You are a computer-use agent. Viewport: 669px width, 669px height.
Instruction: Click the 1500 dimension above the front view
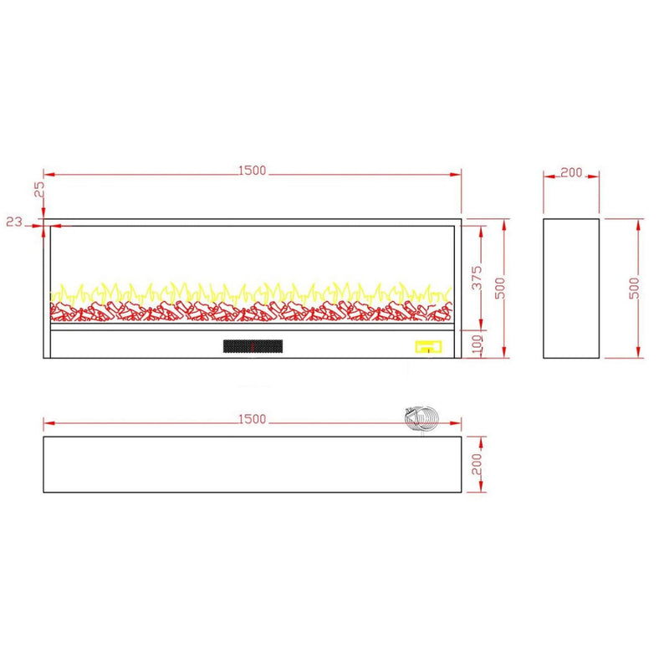click(252, 171)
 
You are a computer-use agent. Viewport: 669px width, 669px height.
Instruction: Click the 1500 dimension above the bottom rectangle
click(252, 420)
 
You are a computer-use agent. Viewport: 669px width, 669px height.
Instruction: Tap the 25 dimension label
click(39, 189)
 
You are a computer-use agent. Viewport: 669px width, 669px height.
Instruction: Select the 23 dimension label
click(14, 222)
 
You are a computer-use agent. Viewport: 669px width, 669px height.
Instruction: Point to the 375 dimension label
click(477, 278)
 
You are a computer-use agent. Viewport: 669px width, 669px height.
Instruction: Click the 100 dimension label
click(477, 344)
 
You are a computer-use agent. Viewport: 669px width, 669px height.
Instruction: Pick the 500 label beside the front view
click(500, 288)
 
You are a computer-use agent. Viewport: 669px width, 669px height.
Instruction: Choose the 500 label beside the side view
click(635, 288)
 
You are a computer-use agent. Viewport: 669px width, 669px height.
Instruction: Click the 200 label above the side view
click(571, 173)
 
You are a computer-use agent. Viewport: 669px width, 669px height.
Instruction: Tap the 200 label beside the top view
click(477, 464)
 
